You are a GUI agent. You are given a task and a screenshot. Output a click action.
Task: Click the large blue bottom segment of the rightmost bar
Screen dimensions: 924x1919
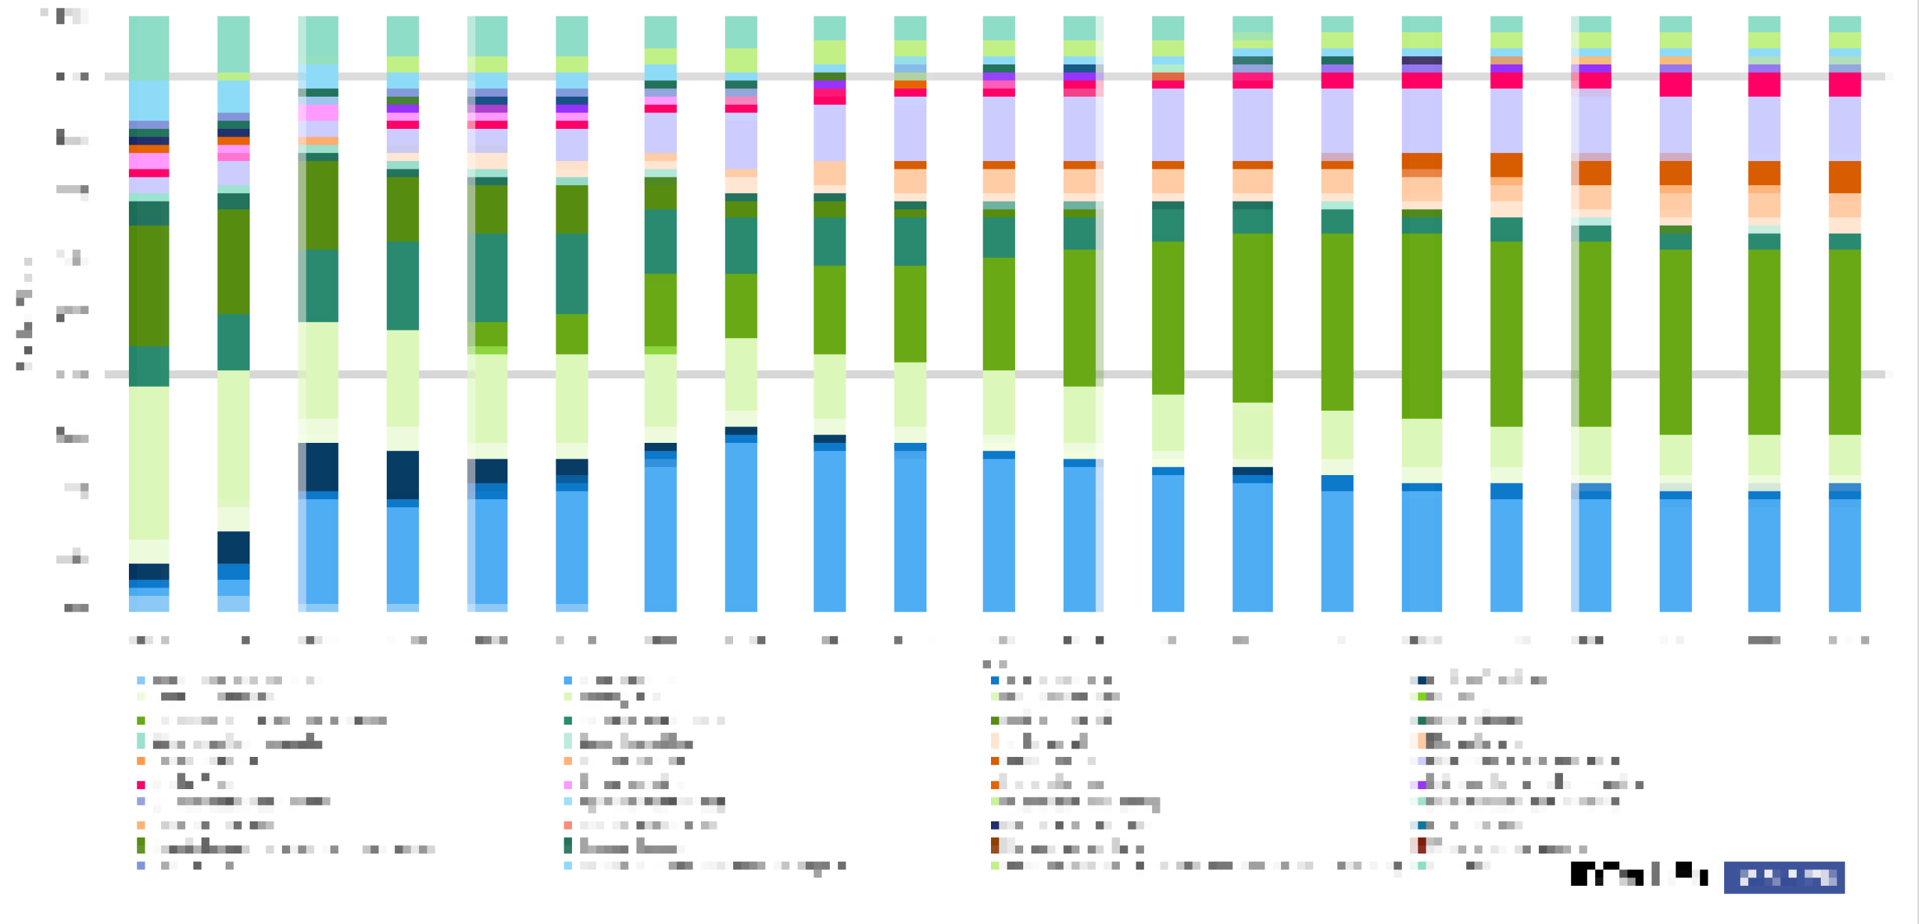pos(1845,555)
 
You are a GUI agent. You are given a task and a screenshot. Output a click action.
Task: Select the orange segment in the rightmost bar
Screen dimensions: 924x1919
pos(1845,177)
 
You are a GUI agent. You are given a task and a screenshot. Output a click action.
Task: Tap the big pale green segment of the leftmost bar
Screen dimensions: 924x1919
pos(148,462)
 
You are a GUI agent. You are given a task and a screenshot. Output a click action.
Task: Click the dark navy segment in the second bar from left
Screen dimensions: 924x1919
pos(233,547)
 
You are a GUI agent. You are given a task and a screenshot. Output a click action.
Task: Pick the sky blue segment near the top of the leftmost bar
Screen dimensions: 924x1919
pos(148,100)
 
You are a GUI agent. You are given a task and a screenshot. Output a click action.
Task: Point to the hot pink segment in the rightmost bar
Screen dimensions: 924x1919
pos(1845,84)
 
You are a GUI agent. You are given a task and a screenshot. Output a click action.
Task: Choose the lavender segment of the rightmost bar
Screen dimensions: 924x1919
pos(1845,128)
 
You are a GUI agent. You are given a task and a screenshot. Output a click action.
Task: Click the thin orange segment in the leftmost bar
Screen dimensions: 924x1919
pos(148,148)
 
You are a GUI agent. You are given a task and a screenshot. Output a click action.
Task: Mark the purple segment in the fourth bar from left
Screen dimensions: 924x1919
pos(403,109)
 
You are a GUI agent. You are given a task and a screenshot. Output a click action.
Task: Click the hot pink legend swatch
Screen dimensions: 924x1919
pos(140,785)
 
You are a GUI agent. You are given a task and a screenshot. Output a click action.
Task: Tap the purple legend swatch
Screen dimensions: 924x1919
pos(1421,785)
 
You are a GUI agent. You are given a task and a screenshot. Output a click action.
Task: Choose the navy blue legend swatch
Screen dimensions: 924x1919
pos(995,825)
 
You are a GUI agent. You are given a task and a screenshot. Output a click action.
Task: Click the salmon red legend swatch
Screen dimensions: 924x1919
pos(567,825)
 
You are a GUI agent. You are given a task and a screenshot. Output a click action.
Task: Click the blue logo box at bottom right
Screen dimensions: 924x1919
pos(1784,877)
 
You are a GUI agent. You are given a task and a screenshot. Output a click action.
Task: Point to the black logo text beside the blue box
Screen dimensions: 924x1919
pos(1638,874)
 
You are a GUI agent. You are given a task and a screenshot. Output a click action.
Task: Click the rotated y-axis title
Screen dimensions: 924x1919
pos(24,315)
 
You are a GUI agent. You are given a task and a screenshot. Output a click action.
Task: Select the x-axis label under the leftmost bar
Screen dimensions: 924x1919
pos(148,640)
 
